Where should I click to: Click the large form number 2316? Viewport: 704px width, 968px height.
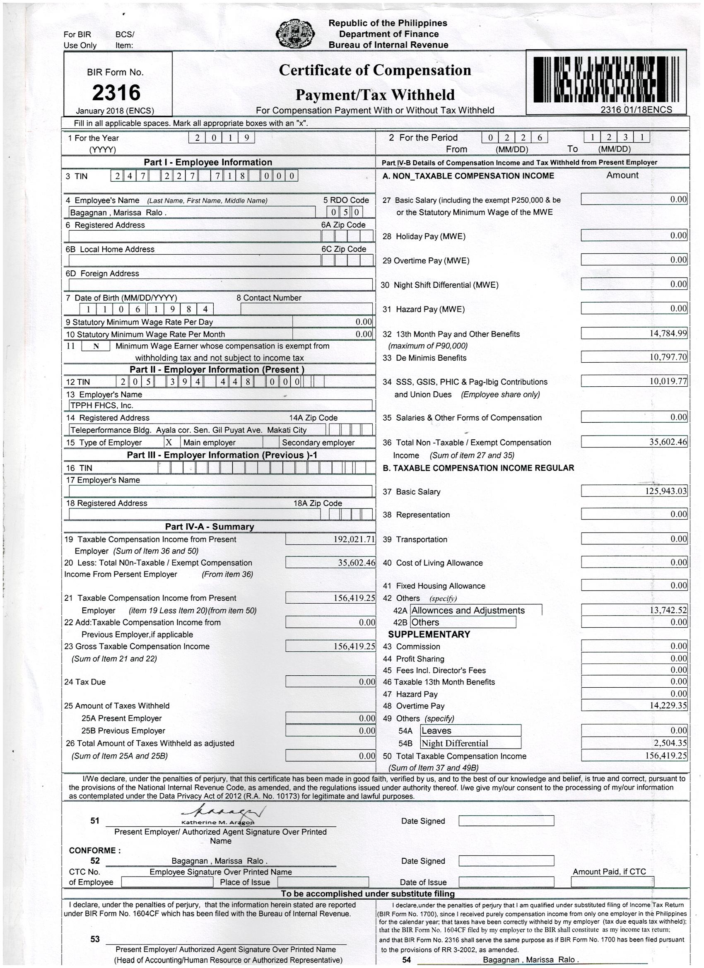point(116,92)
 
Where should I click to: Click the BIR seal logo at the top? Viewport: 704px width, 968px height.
point(295,34)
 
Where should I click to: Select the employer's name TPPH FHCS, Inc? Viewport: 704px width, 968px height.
point(101,405)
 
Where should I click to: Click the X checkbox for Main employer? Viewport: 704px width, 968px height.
point(169,443)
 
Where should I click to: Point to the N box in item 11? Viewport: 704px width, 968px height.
point(96,347)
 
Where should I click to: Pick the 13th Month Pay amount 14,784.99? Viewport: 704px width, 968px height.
point(668,334)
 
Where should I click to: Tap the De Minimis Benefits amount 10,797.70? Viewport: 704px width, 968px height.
point(668,357)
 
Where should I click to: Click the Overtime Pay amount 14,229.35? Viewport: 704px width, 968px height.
point(668,706)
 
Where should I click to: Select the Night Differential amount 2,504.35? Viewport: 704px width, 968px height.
point(671,743)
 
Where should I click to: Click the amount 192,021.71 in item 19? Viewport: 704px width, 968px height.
point(354,539)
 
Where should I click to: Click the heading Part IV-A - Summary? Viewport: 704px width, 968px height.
point(209,527)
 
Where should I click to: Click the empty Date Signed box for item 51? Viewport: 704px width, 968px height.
point(506,821)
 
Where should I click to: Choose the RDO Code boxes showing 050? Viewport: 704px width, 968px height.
point(345,212)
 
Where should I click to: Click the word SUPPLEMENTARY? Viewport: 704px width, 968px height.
point(429,634)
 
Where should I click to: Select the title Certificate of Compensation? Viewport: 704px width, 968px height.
point(375,70)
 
